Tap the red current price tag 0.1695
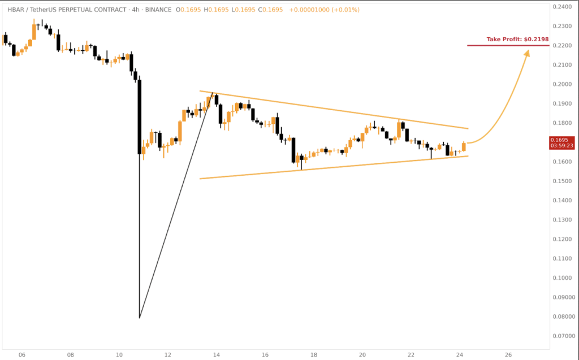click(x=561, y=140)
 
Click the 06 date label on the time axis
click(x=22, y=354)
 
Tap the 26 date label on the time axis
click(x=508, y=354)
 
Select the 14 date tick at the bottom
click(x=217, y=354)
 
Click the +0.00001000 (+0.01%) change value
click(x=323, y=10)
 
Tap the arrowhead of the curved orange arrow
click(x=528, y=53)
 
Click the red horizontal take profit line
click(x=509, y=45)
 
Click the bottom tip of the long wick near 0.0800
click(x=139, y=318)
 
